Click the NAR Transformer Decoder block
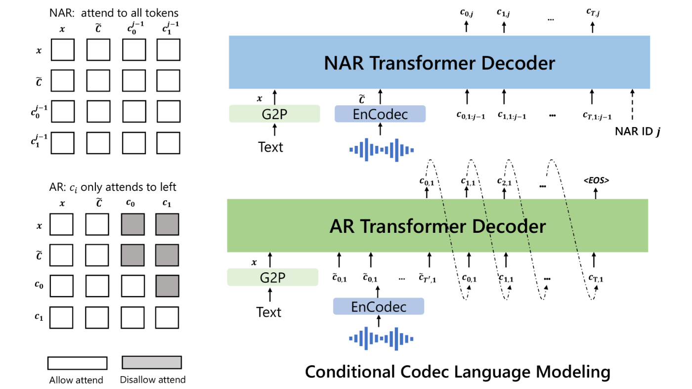tap(439, 62)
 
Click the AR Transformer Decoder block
tap(437, 225)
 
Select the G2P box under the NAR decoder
tap(274, 114)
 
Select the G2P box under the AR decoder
tap(272, 277)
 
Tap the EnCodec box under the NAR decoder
tap(380, 114)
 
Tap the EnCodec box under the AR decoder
tap(379, 306)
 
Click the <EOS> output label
tap(596, 180)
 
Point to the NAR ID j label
tap(638, 131)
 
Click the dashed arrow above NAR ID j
tap(632, 104)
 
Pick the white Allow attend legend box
tap(78, 363)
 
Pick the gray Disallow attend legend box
tap(152, 362)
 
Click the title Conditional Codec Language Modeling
tap(458, 371)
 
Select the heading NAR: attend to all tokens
tap(114, 13)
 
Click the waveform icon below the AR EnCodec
tap(381, 339)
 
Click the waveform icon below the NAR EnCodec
tap(382, 150)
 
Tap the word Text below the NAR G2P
tap(270, 147)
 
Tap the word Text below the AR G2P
tap(269, 312)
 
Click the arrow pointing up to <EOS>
tap(596, 194)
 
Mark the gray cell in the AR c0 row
tap(167, 286)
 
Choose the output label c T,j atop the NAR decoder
tap(593, 12)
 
